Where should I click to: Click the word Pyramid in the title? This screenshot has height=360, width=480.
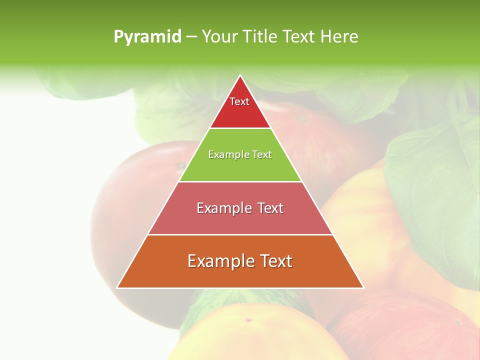pyautogui.click(x=147, y=37)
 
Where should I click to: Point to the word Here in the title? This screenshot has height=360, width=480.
pyautogui.click(x=339, y=37)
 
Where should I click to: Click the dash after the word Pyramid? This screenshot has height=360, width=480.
pyautogui.click(x=191, y=37)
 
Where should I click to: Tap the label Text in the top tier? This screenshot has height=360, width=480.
pyautogui.click(x=239, y=101)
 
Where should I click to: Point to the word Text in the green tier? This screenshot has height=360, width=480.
pyautogui.click(x=262, y=154)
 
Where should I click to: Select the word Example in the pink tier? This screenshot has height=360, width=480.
pyautogui.click(x=223, y=208)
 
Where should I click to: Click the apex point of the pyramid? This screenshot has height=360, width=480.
pyautogui.click(x=240, y=76)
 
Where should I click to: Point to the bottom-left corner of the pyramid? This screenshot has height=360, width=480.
pyautogui.click(x=117, y=287)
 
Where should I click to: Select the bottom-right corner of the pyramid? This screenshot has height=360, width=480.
pyautogui.click(x=363, y=287)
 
